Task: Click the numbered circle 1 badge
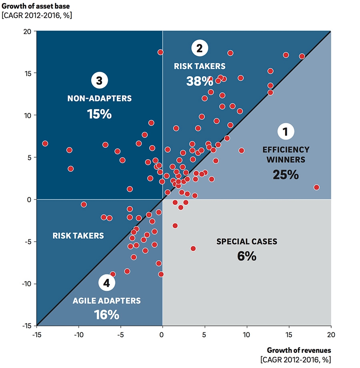pyautogui.click(x=285, y=131)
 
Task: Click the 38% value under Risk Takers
pyautogui.click(x=199, y=81)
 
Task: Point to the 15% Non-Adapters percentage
pyautogui.click(x=99, y=114)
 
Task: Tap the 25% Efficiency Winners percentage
pyautogui.click(x=286, y=174)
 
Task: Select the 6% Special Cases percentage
pyautogui.click(x=246, y=256)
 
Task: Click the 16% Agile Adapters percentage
pyautogui.click(x=107, y=315)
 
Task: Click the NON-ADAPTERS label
pyautogui.click(x=99, y=98)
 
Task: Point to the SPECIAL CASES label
pyautogui.click(x=246, y=242)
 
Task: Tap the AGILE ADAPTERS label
pyautogui.click(x=107, y=300)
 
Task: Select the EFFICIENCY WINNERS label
pyautogui.click(x=286, y=154)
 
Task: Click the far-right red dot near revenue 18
pyautogui.click(x=316, y=187)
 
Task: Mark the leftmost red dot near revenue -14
pyautogui.click(x=45, y=143)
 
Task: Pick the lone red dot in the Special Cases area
pyautogui.click(x=193, y=248)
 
